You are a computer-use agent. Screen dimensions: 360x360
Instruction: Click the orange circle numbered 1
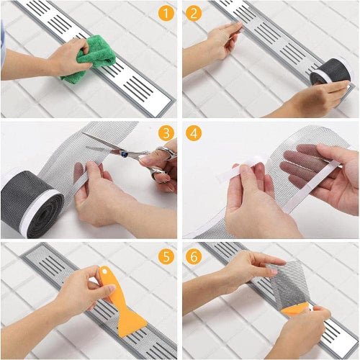[x=166, y=14]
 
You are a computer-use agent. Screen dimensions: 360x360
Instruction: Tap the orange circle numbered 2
[x=192, y=14]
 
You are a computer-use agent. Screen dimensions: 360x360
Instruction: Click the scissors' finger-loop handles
[x=162, y=162]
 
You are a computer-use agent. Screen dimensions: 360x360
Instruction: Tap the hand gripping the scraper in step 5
[x=79, y=288]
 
